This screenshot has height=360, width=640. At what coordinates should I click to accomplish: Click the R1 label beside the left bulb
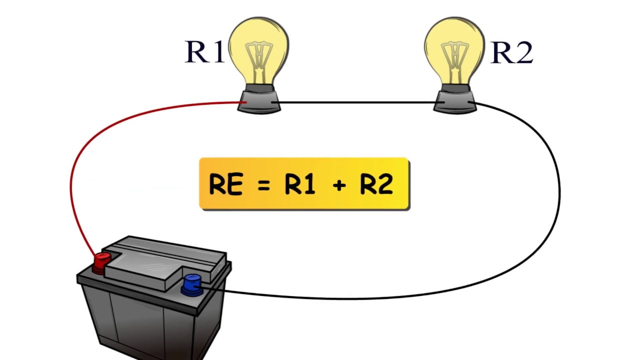(x=204, y=51)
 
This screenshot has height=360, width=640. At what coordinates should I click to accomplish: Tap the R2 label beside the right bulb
(x=511, y=52)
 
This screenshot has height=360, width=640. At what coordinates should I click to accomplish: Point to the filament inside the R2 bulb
(x=454, y=55)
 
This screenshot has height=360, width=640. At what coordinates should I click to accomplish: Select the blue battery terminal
(x=191, y=283)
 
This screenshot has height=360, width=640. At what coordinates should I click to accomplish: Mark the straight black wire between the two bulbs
(x=355, y=103)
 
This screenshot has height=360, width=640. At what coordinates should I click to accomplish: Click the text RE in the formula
(x=226, y=184)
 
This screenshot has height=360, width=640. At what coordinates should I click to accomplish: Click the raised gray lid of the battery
(x=165, y=262)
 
